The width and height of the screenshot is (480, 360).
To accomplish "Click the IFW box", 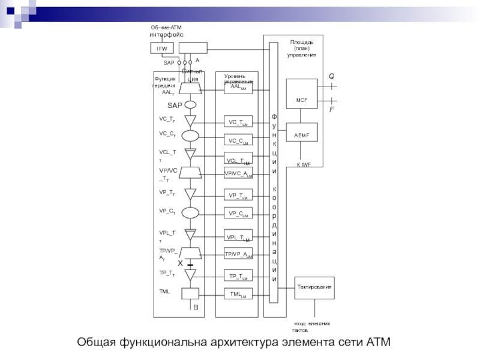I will [161, 48].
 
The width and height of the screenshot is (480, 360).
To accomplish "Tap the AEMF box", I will [302, 136].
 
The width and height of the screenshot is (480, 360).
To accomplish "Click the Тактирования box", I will [314, 287].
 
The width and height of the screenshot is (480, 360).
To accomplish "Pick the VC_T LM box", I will [238, 122].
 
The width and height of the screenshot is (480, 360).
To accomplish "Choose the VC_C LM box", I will [238, 141].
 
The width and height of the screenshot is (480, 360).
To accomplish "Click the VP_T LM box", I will [238, 196].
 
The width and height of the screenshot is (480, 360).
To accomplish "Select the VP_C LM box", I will [238, 214].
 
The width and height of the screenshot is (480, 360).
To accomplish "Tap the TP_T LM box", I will [238, 276].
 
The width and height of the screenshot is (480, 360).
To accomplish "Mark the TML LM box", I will [238, 294].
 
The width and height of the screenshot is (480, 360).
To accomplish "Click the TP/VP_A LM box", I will [238, 254].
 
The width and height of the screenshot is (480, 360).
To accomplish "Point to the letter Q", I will [331, 76].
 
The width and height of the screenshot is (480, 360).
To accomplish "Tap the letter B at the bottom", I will [195, 308].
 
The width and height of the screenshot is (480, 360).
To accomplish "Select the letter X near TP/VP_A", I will [180, 263].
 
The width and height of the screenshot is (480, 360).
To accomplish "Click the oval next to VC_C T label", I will [191, 136].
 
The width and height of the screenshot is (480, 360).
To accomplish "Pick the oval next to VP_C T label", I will [191, 212].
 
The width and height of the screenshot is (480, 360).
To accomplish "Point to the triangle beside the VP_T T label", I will [191, 194].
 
